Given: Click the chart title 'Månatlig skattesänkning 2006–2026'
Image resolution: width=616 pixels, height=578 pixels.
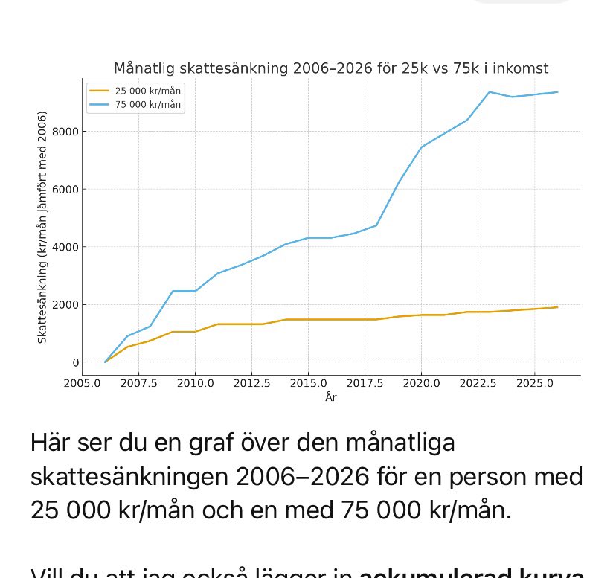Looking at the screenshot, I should [330, 68].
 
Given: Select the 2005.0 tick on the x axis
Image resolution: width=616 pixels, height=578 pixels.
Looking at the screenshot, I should [83, 385].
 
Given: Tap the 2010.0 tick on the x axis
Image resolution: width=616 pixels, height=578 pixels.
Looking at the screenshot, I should [195, 385].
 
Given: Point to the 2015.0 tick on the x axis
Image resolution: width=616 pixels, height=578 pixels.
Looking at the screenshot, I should [308, 385].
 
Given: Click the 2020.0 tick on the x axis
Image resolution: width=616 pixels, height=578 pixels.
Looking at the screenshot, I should [421, 385].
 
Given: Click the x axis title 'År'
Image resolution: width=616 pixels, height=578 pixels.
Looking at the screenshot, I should [331, 398].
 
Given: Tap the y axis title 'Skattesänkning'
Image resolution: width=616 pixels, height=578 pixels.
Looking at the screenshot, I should [43, 227].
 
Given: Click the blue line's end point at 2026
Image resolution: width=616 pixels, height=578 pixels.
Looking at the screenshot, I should [557, 92].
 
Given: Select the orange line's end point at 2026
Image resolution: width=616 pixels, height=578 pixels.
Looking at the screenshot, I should [557, 307].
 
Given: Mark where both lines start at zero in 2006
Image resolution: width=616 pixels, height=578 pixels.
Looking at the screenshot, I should [105, 362].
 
